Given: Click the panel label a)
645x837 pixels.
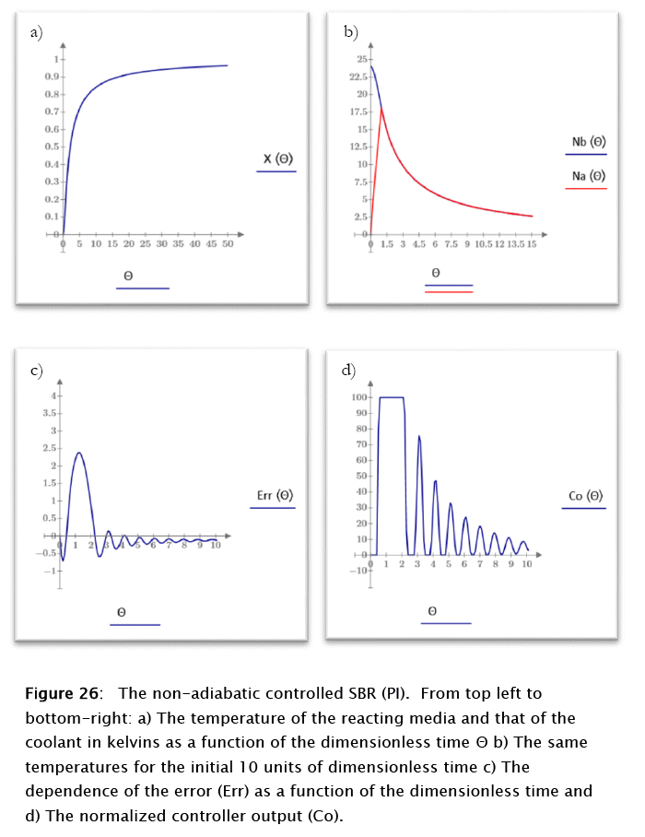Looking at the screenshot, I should pos(36,32).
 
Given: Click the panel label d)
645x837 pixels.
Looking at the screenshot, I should pos(348,371).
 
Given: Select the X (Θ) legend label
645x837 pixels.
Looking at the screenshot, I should pos(278,159).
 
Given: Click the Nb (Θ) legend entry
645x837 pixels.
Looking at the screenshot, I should pos(587,142).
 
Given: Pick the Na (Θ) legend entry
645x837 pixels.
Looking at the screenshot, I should pos(587,175).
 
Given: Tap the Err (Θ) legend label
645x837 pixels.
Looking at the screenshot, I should pos(275,496).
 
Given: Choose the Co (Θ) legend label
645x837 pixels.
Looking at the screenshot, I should pos(586,496).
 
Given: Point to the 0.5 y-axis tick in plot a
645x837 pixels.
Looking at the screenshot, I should pos(50,147).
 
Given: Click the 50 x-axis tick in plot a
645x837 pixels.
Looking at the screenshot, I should pos(228,244).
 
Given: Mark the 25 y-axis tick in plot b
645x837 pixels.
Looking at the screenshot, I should pos(359,60).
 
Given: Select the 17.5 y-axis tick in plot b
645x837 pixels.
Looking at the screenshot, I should pos(358,112).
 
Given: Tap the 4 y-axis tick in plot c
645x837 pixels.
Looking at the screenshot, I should pos(53,395).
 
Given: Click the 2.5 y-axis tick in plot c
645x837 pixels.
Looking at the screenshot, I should pos(50,448).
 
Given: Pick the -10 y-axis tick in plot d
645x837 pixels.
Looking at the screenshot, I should pos(358,571).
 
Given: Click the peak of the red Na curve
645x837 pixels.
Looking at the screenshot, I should pos(381,109).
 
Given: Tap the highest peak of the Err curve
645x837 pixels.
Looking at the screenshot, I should pos(79,453).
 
